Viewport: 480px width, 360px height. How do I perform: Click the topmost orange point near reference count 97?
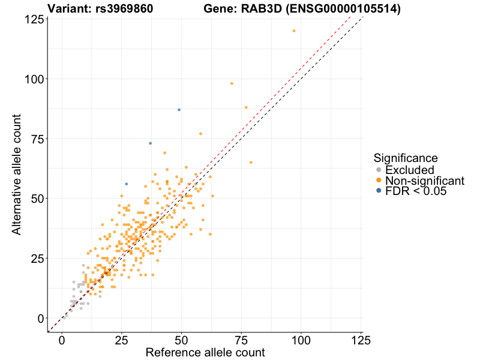click(x=294, y=31)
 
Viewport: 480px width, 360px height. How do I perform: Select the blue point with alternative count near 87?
click(x=179, y=110)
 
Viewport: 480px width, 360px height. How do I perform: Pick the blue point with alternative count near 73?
click(x=150, y=143)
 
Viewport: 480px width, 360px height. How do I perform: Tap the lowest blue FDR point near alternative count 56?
click(x=126, y=184)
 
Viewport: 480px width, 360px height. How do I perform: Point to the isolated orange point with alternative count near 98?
click(x=232, y=83)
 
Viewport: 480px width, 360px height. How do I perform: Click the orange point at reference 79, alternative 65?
click(x=251, y=163)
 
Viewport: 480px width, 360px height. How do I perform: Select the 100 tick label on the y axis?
click(x=34, y=79)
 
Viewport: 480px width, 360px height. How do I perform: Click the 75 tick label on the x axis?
click(x=241, y=340)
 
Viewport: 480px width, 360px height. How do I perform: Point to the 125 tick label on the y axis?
click(x=34, y=19)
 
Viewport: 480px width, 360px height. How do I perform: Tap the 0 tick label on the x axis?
click(x=62, y=340)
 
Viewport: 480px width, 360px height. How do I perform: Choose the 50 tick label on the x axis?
click(x=181, y=340)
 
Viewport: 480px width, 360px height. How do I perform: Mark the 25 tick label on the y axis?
click(x=37, y=258)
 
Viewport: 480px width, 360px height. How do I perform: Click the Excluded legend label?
click(x=410, y=170)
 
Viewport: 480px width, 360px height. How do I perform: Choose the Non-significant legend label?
click(x=425, y=181)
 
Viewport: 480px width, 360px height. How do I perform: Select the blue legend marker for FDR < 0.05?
click(x=378, y=191)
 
